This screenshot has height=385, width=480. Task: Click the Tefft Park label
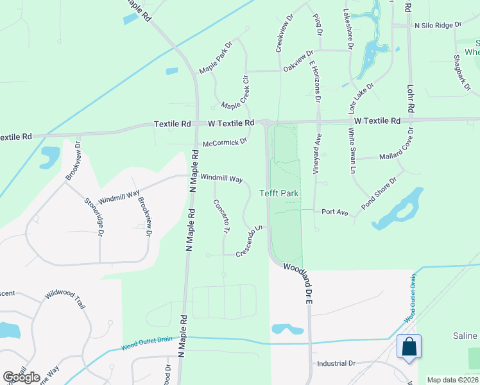point(280,193)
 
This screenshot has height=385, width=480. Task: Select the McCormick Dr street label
point(225,142)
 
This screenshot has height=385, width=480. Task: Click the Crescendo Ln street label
point(250,241)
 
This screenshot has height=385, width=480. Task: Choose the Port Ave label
point(334,211)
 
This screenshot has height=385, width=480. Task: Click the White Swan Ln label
point(352,151)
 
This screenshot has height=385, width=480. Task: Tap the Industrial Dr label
point(336,363)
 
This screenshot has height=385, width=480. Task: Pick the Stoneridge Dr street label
point(93,216)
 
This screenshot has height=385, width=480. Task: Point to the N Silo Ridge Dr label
point(438,25)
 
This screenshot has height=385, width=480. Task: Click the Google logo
point(21,377)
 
